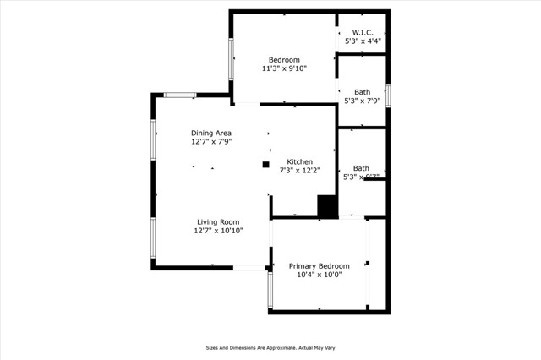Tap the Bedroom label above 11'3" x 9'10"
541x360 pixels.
284,59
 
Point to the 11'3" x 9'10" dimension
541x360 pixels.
284,68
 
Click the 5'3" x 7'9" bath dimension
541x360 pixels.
361,101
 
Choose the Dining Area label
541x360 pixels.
211,133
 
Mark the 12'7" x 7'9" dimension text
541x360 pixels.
211,142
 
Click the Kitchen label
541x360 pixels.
299,161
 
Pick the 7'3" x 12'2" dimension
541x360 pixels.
299,171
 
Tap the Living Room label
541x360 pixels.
218,221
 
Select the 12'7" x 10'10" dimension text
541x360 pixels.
218,231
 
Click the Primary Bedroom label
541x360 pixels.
319,265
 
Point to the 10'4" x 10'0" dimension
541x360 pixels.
319,275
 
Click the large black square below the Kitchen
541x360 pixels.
327,207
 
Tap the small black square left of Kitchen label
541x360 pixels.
265,164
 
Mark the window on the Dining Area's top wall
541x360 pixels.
180,95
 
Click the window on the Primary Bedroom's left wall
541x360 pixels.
270,288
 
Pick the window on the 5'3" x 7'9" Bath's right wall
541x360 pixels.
388,94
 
